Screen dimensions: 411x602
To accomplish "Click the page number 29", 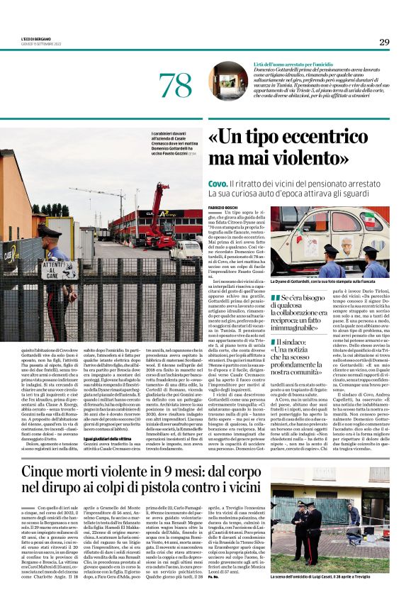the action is [384, 42].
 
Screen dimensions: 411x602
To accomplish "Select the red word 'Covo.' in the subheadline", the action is [218, 183].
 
